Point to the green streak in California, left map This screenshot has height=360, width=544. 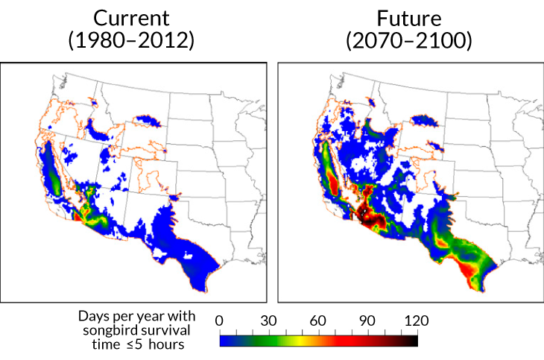pos(51,179)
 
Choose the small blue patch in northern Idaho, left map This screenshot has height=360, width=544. pos(94,102)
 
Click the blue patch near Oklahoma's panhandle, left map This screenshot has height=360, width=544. pos(177,197)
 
